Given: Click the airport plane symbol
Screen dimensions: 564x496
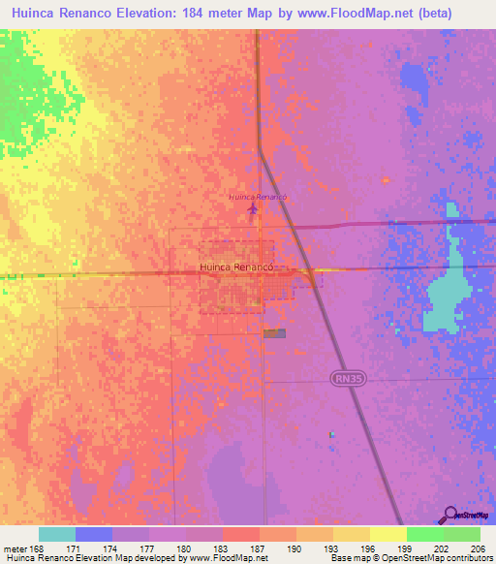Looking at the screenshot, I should pos(254,207).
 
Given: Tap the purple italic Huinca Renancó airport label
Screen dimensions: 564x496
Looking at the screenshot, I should pos(258,197).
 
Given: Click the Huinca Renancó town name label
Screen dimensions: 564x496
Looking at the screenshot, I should pos(236,266).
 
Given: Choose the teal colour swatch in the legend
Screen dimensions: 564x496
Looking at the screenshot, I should pos(56,534).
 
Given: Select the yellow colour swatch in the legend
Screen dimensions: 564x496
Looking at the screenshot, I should pos(387,534).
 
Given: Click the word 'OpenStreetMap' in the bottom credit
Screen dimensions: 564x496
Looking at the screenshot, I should pos(420,558).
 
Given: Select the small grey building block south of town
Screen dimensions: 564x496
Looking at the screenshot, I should pos(275,332).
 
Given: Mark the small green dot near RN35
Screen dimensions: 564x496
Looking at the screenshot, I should pos(331,434).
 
